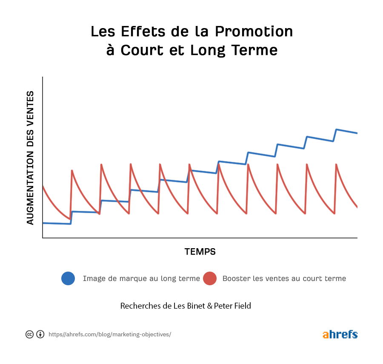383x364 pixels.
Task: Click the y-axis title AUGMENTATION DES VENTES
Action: [x=30, y=158]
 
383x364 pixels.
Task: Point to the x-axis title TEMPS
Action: [x=200, y=252]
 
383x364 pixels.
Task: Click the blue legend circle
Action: [x=68, y=278]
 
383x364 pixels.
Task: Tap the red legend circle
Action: [x=210, y=278]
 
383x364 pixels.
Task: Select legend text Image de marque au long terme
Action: [x=141, y=279]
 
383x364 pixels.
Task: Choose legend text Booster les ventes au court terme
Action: [x=284, y=279]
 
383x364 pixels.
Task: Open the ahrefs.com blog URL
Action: [x=110, y=335]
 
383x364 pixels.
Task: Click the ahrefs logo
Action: [x=340, y=334]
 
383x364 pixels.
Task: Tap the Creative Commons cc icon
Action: [x=30, y=334]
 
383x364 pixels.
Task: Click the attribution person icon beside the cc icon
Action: [x=40, y=334]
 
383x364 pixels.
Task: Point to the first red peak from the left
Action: [x=72, y=170]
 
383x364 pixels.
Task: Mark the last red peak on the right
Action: [x=336, y=164]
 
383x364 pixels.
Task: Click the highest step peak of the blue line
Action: [x=337, y=129]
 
